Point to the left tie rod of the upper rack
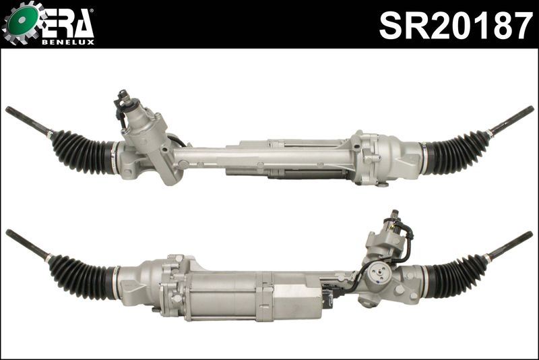(27, 120)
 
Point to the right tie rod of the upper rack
(511, 119)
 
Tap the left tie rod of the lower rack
(27, 244)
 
